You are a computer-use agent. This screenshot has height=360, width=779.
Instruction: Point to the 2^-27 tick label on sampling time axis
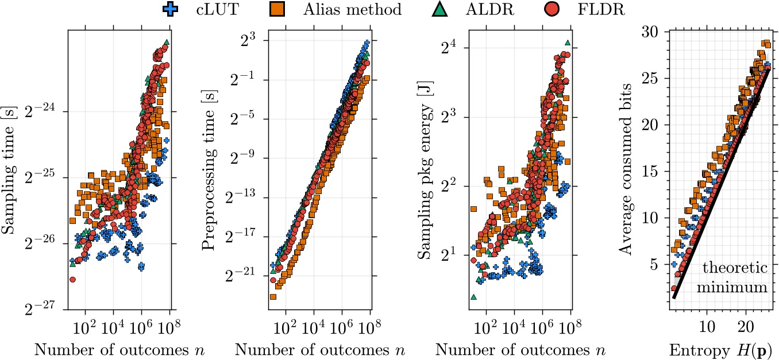coord(43,310)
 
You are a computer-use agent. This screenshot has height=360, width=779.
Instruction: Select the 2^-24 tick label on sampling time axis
coord(43,112)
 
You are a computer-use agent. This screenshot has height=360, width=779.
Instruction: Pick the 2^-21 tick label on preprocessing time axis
coord(245,276)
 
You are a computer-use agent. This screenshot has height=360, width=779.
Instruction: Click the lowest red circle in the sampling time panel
coord(73,280)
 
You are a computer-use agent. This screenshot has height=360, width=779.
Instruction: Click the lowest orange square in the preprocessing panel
coord(273,297)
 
